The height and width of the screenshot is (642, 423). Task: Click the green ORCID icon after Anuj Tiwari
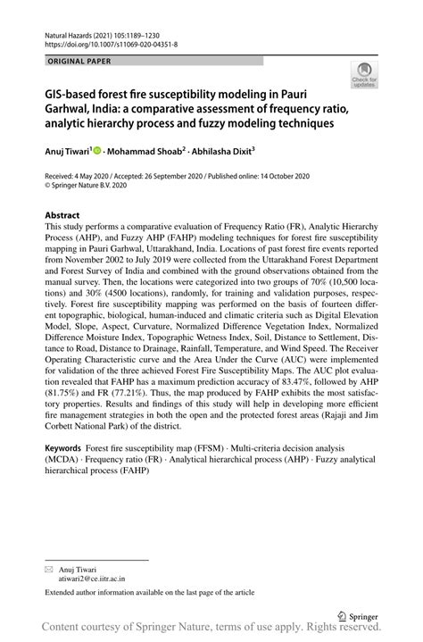click(97, 152)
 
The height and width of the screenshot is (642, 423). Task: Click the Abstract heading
click(62, 215)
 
